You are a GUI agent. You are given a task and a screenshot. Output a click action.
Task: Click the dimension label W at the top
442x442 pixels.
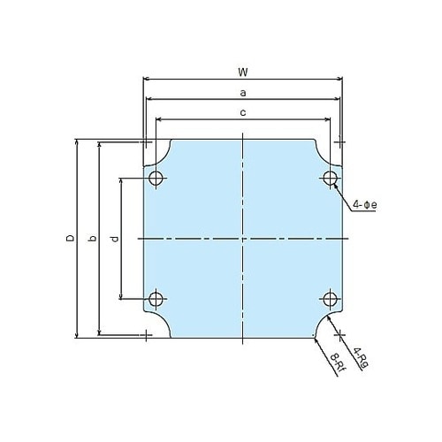point(242,69)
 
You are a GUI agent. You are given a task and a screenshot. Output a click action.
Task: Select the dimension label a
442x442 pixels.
point(242,91)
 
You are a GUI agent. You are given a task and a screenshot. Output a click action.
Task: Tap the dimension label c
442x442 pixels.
point(242,111)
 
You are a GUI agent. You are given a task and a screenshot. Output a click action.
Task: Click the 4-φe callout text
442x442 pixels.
point(365,204)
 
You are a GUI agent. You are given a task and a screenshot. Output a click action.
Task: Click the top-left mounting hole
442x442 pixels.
point(156,179)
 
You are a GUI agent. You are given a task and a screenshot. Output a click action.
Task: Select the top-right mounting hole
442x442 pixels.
point(331,179)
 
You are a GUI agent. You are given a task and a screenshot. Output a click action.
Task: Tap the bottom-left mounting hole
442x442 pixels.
point(156,298)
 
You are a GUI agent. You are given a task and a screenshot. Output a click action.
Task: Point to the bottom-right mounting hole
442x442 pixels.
point(331,298)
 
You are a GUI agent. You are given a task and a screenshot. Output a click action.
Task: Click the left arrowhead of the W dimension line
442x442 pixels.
point(146,79)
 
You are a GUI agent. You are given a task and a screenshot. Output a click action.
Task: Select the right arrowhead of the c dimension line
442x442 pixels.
point(339,120)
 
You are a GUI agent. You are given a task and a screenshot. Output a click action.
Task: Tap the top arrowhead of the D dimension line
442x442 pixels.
point(79,141)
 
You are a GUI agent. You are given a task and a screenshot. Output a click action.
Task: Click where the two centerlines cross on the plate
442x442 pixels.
point(242,239)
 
